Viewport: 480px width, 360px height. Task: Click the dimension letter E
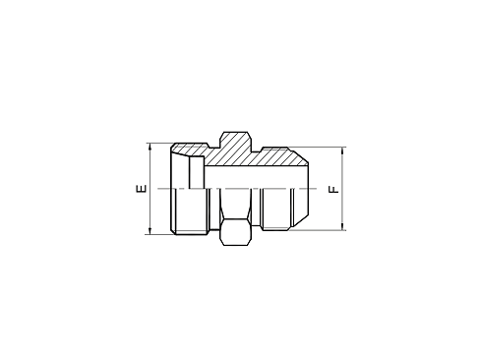140,188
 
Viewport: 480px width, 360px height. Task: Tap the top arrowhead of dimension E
150,148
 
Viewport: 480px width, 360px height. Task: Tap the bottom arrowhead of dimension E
150,232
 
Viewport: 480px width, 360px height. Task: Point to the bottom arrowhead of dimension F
343,229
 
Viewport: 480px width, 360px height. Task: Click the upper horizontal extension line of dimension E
159,143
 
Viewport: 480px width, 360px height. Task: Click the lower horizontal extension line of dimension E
159,235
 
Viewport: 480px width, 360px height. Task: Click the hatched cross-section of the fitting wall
275,156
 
